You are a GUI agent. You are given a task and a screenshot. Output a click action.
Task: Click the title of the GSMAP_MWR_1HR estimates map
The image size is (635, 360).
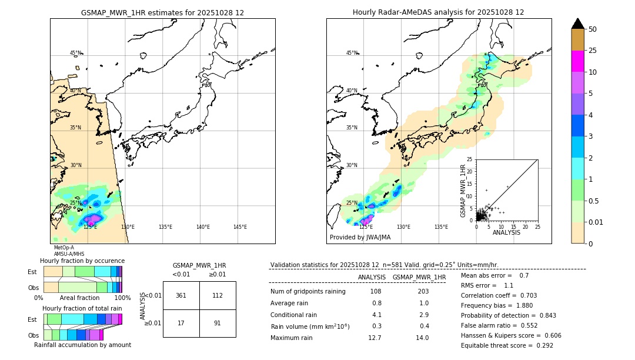coord(162,12)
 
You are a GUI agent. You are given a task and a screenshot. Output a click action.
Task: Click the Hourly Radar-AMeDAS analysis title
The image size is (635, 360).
coord(438,12)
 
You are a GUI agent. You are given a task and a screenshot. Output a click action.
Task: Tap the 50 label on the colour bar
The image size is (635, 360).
coord(593,29)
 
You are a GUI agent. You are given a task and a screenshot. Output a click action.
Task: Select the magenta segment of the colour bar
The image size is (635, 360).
coord(578,61)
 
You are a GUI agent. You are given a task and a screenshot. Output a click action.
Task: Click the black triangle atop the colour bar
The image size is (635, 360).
coord(578,24)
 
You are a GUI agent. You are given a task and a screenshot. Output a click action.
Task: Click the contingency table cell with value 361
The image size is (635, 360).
coord(181,295)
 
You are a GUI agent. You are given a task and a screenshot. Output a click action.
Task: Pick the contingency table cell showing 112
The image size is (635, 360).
coord(218,295)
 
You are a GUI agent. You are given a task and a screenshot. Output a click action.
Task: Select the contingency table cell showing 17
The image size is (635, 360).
coord(181,323)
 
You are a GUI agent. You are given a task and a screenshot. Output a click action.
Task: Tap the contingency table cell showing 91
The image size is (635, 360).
coord(218,323)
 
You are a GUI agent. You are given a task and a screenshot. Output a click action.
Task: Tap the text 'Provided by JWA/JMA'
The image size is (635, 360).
coord(360,238)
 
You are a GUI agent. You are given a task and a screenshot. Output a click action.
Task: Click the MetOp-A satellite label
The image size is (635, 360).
coord(64,248)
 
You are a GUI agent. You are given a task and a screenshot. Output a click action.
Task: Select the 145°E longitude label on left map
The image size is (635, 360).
coord(240,227)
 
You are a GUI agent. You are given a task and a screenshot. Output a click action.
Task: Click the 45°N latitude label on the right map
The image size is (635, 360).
coord(352,53)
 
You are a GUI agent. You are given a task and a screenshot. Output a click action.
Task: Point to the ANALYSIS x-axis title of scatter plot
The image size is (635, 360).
coord(506,233)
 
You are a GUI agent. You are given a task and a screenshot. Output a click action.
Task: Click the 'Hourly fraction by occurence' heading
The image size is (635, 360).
coord(82,261)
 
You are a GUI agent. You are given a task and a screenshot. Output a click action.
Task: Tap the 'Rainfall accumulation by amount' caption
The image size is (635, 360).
coord(87,345)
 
